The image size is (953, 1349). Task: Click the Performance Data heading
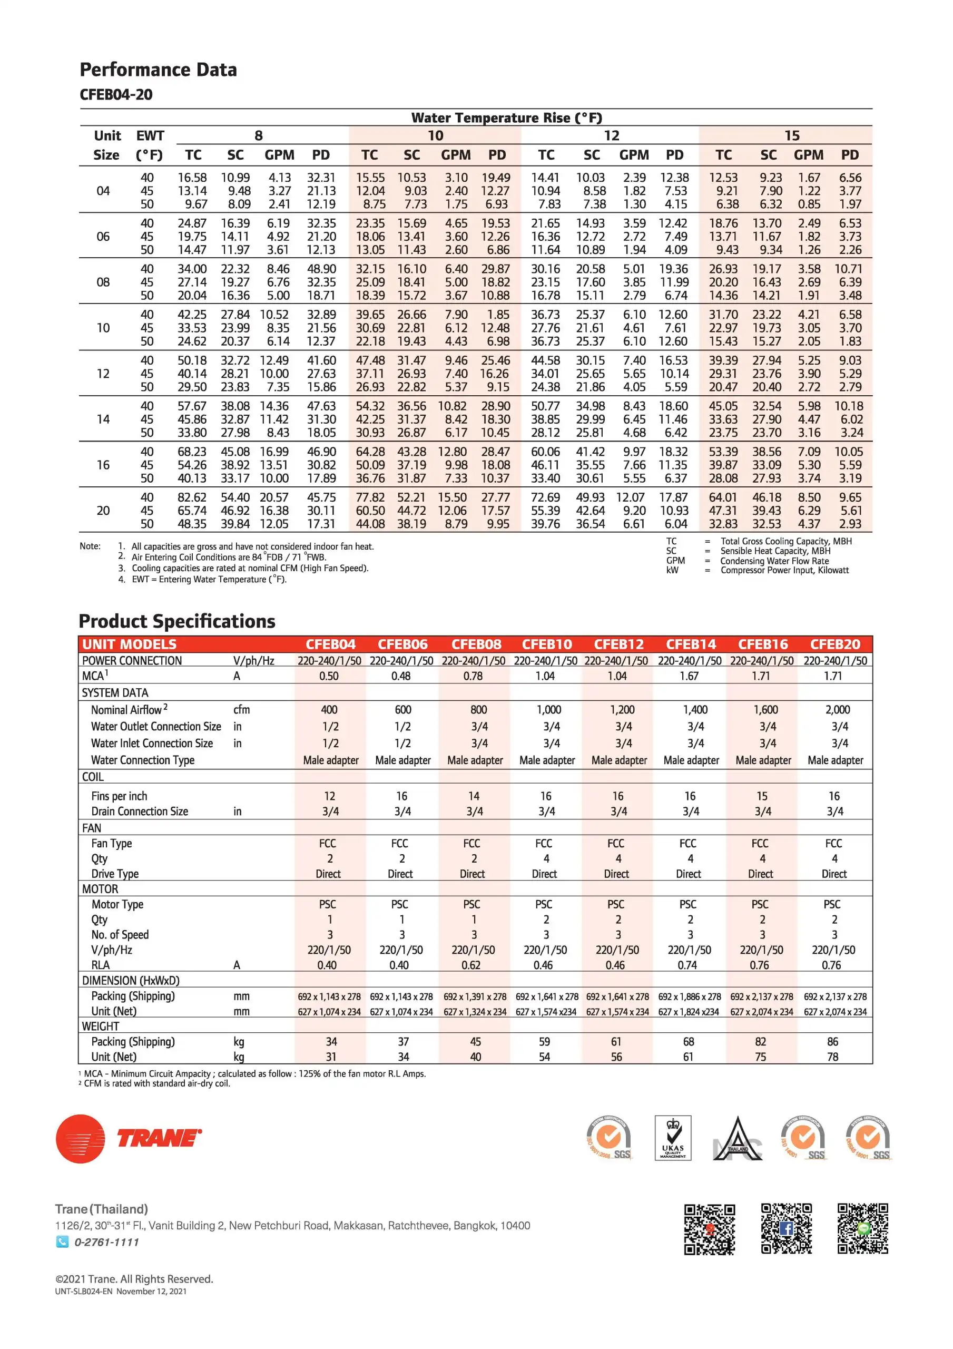click(x=158, y=70)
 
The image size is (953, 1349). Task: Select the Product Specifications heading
click(x=177, y=621)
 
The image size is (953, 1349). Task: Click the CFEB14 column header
click(x=691, y=644)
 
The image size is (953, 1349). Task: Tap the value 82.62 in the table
click(x=192, y=497)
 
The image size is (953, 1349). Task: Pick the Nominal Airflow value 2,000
click(x=837, y=710)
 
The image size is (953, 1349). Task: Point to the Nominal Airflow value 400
click(x=329, y=710)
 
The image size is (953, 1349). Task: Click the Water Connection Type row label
click(x=143, y=760)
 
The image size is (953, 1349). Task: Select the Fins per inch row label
click(x=119, y=796)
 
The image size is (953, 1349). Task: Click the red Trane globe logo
click(x=81, y=1139)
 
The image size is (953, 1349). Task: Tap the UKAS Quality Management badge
click(x=673, y=1138)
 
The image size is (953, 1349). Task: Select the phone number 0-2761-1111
click(x=106, y=1242)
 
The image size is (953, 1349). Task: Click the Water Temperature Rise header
click(x=506, y=118)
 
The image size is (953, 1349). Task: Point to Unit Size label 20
click(x=103, y=511)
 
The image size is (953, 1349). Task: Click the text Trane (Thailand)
click(x=102, y=1209)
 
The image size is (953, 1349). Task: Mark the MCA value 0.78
click(x=473, y=676)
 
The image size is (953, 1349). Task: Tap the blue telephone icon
click(x=62, y=1242)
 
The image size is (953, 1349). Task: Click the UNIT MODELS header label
click(x=129, y=644)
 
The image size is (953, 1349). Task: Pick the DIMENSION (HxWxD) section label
click(x=131, y=981)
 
